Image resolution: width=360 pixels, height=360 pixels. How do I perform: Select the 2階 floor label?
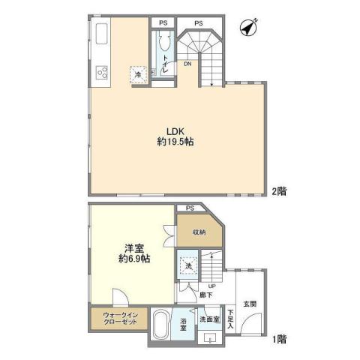click(x=279, y=191)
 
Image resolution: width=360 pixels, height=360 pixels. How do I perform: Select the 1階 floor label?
click(x=279, y=339)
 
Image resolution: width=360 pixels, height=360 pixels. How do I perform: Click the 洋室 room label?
click(x=124, y=247)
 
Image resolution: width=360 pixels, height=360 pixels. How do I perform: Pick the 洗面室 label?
click(x=209, y=319)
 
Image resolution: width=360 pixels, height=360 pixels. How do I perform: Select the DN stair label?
click(x=187, y=64)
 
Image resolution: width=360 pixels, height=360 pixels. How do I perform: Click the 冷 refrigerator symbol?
click(x=139, y=73)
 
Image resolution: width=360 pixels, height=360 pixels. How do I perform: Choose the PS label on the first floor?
click(x=190, y=208)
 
